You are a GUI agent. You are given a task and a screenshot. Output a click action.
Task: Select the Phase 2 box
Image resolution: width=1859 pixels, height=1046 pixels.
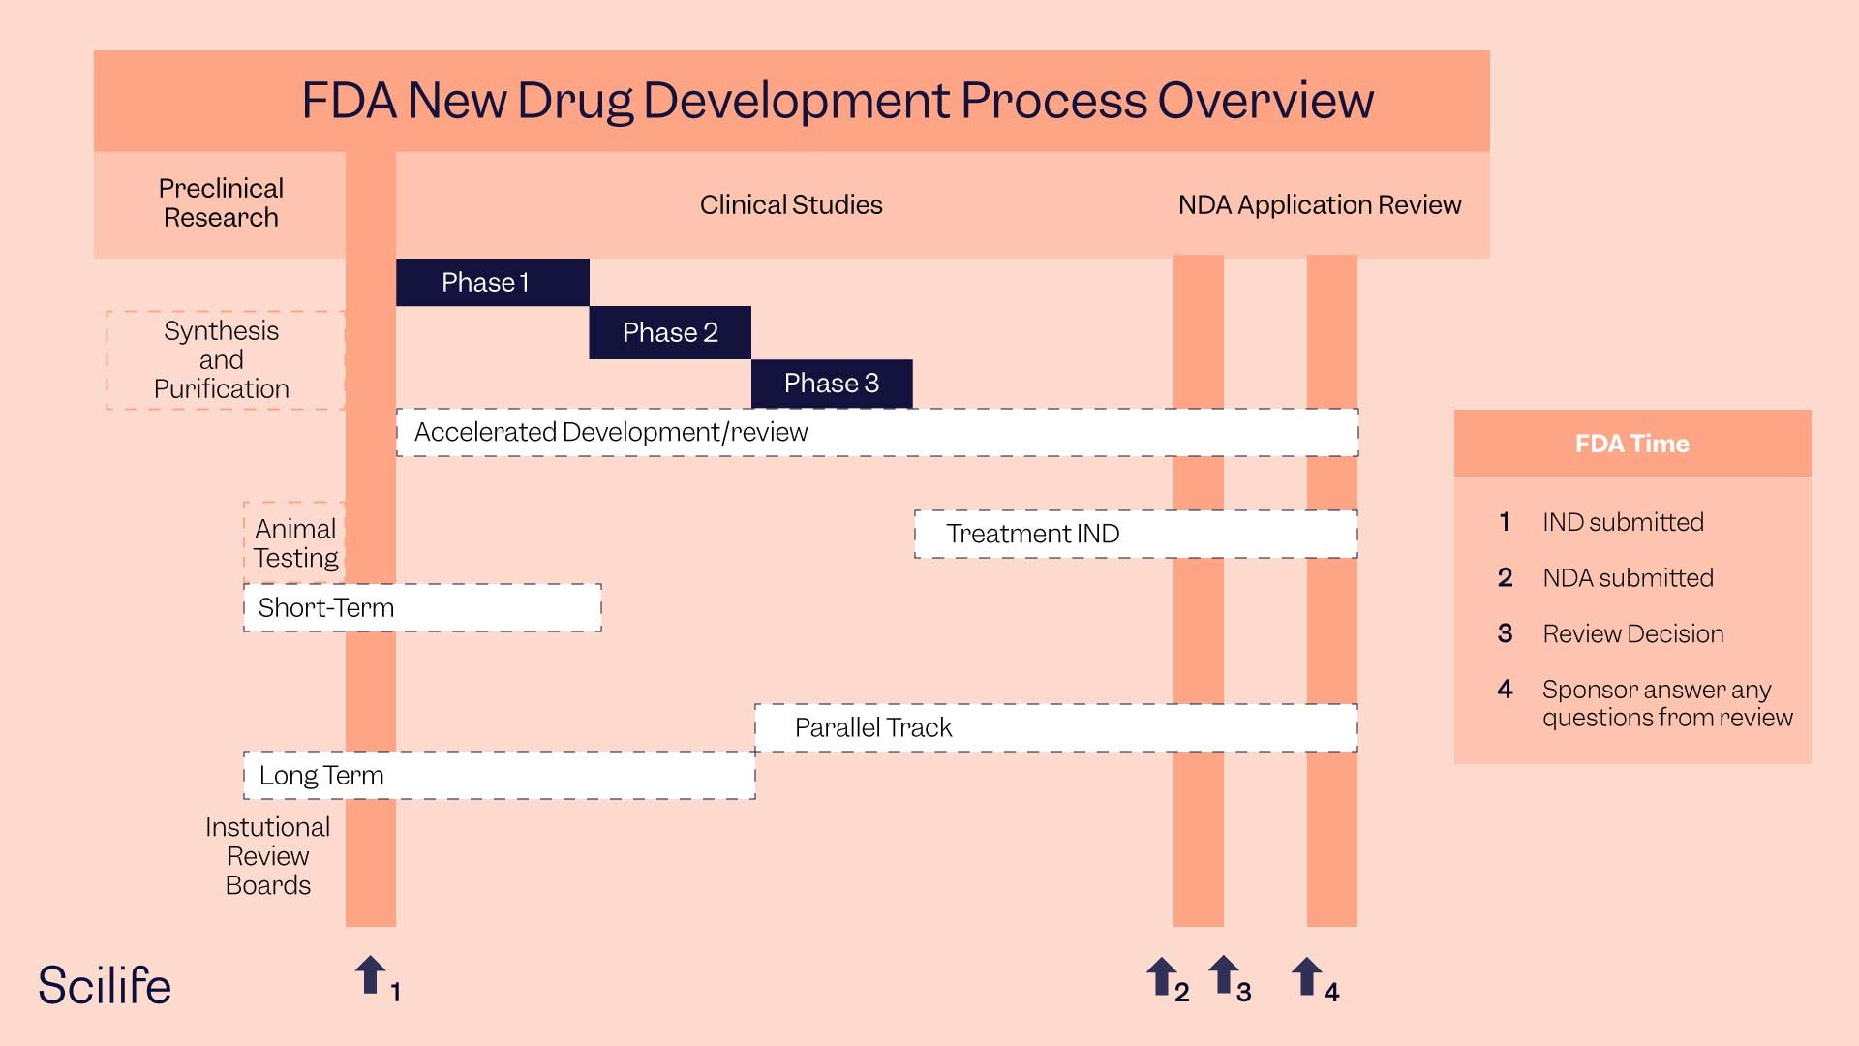[x=670, y=332]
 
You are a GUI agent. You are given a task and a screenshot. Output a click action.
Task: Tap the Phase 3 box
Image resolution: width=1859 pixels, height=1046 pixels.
[x=832, y=384]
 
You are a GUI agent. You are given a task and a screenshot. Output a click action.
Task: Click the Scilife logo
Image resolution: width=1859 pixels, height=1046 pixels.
[x=105, y=986]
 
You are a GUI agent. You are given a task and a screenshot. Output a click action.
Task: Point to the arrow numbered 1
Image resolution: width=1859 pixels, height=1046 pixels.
[x=371, y=975]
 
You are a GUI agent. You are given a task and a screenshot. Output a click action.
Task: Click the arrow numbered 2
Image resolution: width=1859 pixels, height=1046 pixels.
[x=1162, y=976]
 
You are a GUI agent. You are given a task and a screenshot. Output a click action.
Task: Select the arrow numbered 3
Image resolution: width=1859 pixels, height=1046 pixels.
[x=1224, y=974]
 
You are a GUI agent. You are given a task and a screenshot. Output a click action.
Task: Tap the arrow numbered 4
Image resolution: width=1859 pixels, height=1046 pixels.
[x=1307, y=976]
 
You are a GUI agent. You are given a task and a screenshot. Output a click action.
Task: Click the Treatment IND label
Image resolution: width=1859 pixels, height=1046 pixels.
[x=1033, y=534]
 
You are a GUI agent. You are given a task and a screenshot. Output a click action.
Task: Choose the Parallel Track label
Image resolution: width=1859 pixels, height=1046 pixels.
[x=873, y=727]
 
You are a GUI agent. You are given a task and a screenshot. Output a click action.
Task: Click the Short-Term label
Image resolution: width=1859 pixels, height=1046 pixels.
[x=326, y=607]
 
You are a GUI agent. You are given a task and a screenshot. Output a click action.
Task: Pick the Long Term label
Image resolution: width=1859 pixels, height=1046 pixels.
[x=321, y=775]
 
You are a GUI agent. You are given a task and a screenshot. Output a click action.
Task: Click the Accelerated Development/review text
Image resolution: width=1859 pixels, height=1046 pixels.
[x=611, y=432]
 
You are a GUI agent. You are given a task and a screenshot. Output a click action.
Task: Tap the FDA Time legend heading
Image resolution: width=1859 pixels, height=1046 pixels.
[x=1631, y=444]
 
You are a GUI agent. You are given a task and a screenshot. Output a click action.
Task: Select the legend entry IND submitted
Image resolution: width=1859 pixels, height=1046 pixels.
[x=1623, y=522]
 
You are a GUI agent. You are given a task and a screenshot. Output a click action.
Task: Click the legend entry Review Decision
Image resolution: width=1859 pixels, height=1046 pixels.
[x=1632, y=633]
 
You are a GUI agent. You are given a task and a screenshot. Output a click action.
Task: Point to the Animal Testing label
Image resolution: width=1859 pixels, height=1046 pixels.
[x=295, y=542]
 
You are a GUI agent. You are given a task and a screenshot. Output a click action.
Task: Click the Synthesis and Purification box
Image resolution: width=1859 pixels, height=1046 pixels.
[x=222, y=359]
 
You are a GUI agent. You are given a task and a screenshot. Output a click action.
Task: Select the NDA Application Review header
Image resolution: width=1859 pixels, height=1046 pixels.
[x=1319, y=205]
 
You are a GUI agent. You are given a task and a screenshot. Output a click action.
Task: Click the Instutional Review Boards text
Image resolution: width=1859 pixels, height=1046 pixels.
[x=268, y=856]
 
